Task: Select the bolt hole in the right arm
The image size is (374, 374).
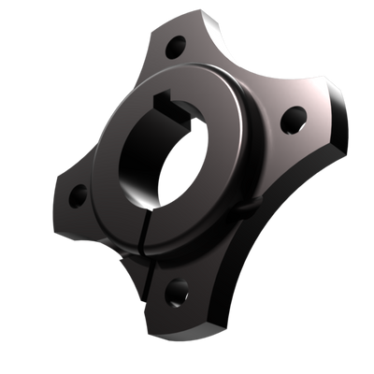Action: [294, 117]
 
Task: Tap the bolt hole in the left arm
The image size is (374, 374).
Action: [79, 195]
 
